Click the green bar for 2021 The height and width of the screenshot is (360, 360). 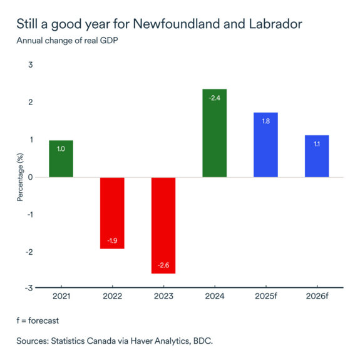[61, 158]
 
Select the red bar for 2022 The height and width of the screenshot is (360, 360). [112, 213]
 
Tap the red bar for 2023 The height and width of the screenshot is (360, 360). [163, 225]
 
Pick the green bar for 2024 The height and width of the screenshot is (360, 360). [215, 133]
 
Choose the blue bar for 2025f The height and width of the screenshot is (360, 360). [265, 145]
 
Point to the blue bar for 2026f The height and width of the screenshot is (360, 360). [317, 156]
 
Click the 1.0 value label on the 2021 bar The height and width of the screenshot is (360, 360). [61, 150]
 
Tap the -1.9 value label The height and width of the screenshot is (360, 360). [112, 240]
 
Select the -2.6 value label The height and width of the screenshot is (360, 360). [163, 265]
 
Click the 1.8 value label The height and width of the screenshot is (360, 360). [265, 121]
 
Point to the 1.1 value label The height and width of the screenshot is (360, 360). [317, 144]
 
